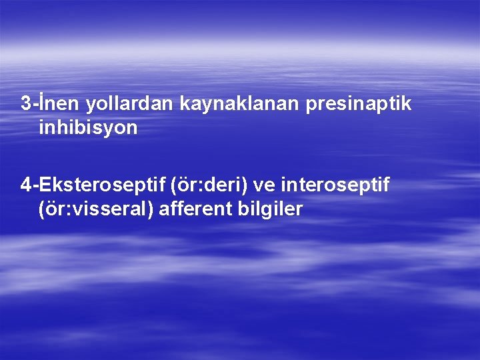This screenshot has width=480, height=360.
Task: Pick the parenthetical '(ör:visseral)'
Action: click(x=97, y=209)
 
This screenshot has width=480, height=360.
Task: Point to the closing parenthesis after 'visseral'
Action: click(x=155, y=209)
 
